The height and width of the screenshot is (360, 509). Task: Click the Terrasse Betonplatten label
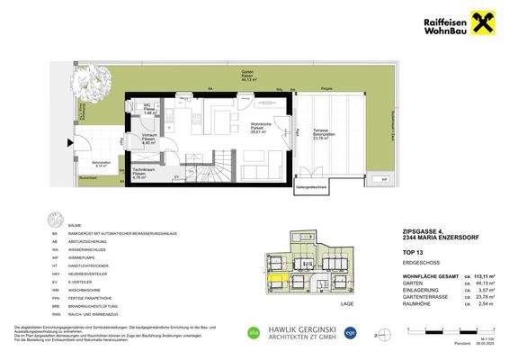tap(318, 136)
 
